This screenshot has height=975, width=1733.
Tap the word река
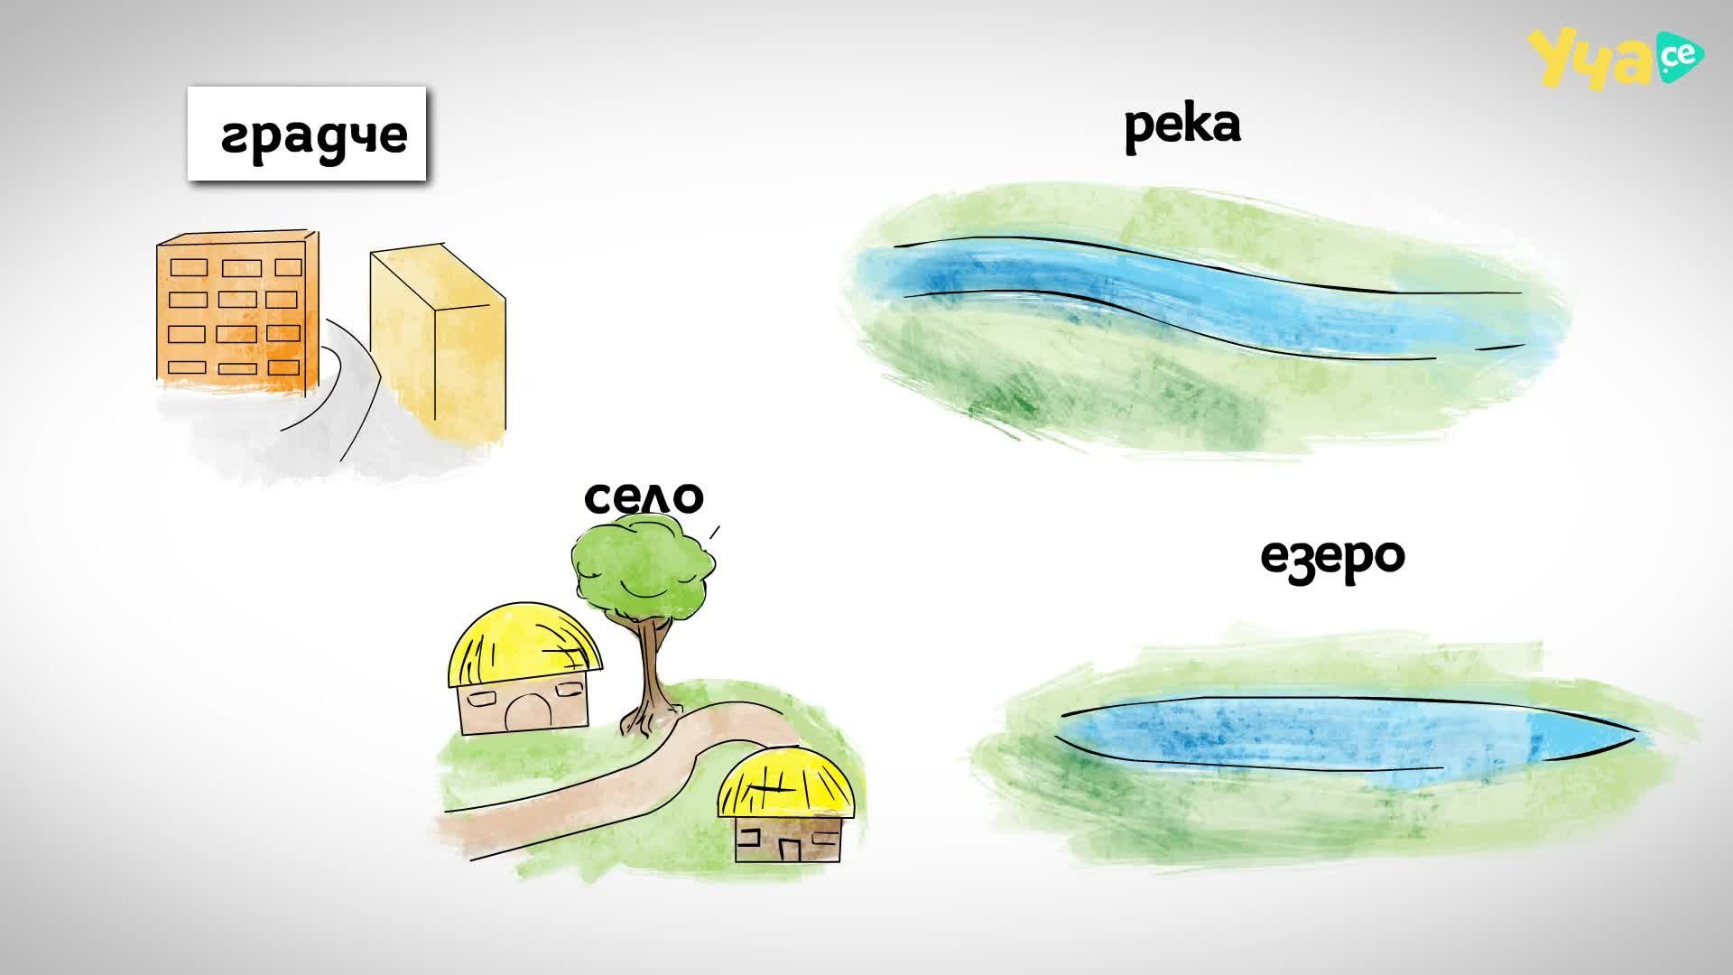[x=1182, y=126]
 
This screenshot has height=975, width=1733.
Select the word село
[x=644, y=497]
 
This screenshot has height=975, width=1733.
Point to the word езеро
[x=1332, y=557]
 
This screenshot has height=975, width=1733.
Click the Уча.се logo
[x=1616, y=59]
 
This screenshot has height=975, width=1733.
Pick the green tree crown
[x=644, y=565]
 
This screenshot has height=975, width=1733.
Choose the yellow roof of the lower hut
[x=786, y=782]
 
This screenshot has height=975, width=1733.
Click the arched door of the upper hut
[x=524, y=712]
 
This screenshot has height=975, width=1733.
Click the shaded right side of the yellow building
[x=469, y=366]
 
